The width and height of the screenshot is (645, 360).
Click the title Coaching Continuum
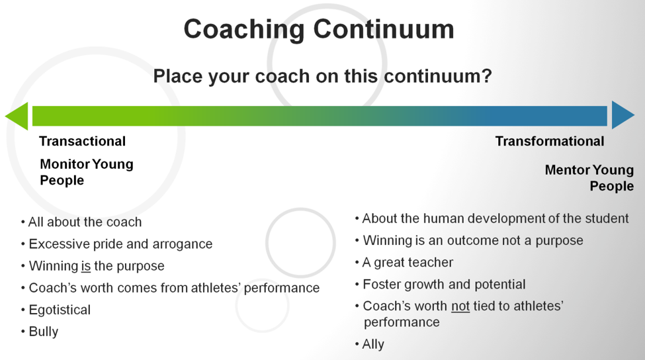[x=319, y=30]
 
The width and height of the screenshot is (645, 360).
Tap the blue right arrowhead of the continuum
[x=623, y=115]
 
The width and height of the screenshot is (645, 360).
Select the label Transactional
[x=82, y=141]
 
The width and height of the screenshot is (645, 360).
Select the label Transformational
[x=550, y=141]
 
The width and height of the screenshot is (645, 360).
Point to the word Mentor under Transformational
[x=567, y=170]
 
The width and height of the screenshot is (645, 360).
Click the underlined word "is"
[x=86, y=266]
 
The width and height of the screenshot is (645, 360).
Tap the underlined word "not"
[x=460, y=306]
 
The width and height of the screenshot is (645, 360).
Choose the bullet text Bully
[x=44, y=332]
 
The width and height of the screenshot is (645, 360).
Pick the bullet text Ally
[x=373, y=344]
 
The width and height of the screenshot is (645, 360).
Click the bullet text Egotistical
[x=60, y=310]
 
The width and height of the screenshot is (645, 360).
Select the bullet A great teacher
[x=408, y=263]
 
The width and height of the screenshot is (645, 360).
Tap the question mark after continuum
[x=487, y=76]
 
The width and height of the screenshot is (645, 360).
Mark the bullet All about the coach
[x=85, y=222]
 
